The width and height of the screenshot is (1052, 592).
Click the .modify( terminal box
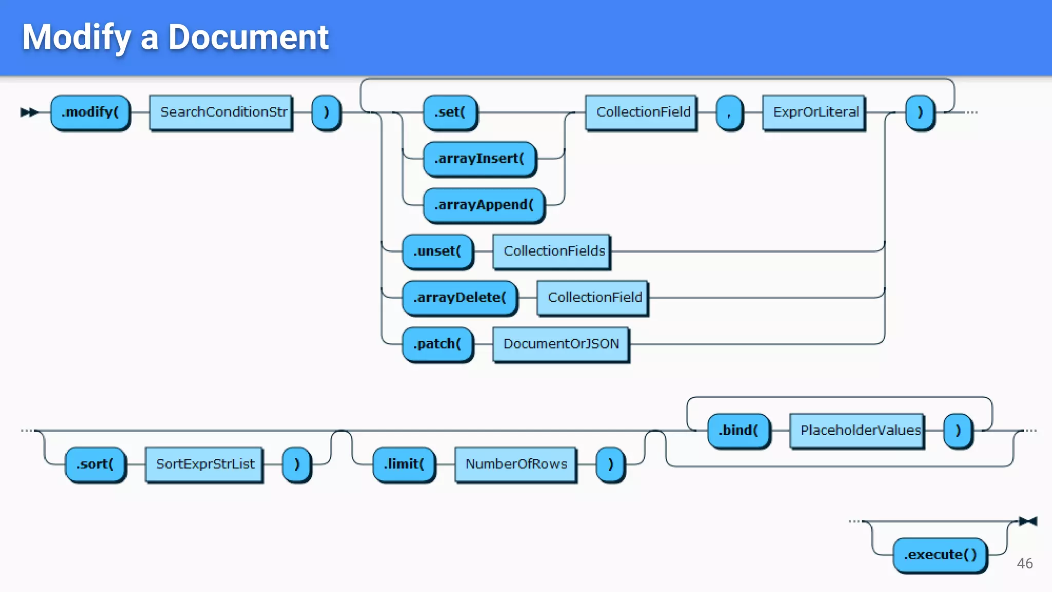coord(90,112)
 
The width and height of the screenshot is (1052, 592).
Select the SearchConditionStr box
coord(221,112)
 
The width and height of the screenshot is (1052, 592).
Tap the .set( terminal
coord(450,112)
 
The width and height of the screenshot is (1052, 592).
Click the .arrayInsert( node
coord(479,159)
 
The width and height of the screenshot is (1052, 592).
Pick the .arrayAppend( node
coord(484,205)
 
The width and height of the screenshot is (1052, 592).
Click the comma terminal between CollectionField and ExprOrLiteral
coord(729,112)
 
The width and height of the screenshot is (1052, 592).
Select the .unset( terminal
coord(437,251)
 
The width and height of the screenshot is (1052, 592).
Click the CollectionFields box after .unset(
coord(552,251)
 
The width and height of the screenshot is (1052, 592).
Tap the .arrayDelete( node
coord(460,298)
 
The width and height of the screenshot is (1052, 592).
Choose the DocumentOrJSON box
coord(561,344)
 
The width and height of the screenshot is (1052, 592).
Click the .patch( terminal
coord(437,344)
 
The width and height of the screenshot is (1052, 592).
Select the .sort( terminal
coord(95,464)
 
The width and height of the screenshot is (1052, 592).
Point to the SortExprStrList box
coord(204,464)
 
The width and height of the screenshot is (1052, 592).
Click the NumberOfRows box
coord(516,464)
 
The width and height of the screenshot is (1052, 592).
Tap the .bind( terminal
coord(738,430)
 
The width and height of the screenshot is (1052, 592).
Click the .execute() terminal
coord(940,555)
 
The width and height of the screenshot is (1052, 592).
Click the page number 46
coord(1024,564)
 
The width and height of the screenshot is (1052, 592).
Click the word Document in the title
coord(248,38)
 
